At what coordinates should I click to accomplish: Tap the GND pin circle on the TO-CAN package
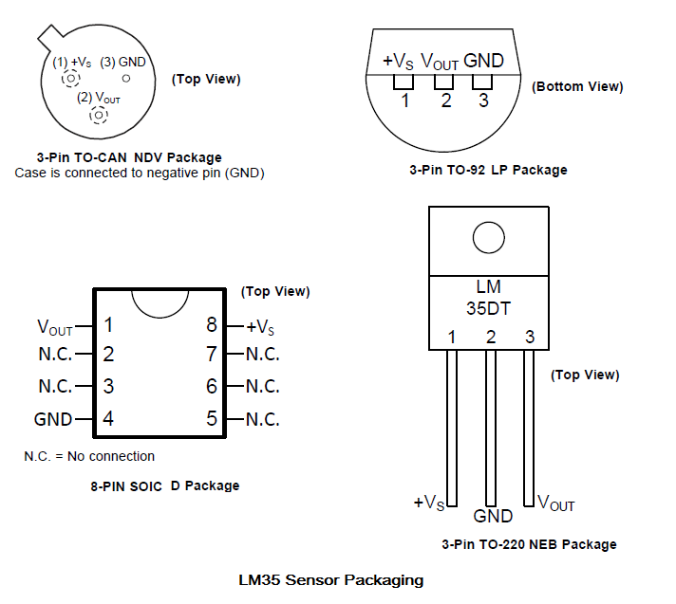[x=126, y=79]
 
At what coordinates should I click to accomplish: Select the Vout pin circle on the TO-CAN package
[x=99, y=115]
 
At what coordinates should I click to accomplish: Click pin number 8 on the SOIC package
[x=211, y=324]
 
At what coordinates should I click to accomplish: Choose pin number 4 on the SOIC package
[x=108, y=418]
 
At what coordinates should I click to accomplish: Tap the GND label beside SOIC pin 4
[x=53, y=419]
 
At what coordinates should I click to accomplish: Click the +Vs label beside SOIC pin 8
[x=260, y=327]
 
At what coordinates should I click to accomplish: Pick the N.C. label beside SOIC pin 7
[x=263, y=355]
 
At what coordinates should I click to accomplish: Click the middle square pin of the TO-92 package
[x=443, y=82]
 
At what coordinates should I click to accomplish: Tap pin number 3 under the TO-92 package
[x=483, y=101]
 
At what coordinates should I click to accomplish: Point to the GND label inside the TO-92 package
[x=483, y=61]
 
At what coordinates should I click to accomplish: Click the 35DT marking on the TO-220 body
[x=488, y=308]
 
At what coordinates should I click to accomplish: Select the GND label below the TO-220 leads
[x=493, y=516]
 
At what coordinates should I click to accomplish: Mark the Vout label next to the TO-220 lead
[x=556, y=503]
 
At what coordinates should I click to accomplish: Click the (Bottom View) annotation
[x=577, y=86]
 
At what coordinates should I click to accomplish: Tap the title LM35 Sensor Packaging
[x=331, y=580]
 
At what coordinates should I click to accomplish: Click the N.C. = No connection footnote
[x=89, y=456]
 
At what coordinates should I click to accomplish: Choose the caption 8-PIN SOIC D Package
[x=164, y=486]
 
